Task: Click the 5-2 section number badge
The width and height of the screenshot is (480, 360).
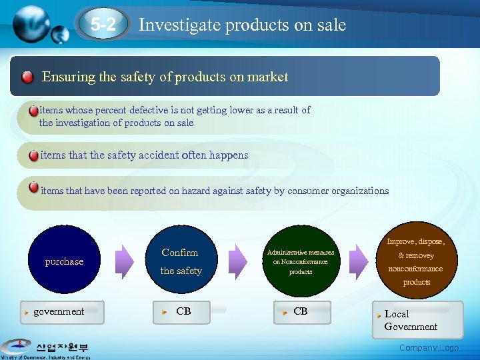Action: click(103, 25)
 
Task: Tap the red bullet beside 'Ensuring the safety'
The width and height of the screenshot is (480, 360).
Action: click(27, 77)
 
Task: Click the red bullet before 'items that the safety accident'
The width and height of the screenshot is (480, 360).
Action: click(33, 155)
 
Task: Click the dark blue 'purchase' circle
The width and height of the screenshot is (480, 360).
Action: click(64, 261)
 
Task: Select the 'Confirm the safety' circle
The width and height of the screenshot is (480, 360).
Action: click(181, 261)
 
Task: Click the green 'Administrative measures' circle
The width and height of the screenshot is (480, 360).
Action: click(301, 261)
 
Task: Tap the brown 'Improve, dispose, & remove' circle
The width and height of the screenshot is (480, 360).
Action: click(415, 261)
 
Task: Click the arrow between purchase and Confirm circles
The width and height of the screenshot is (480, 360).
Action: click(124, 258)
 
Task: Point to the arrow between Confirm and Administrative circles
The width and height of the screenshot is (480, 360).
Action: click(241, 258)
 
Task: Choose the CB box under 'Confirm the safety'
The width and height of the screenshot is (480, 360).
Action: click(183, 312)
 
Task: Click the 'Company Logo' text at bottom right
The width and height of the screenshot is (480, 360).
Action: click(429, 348)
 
